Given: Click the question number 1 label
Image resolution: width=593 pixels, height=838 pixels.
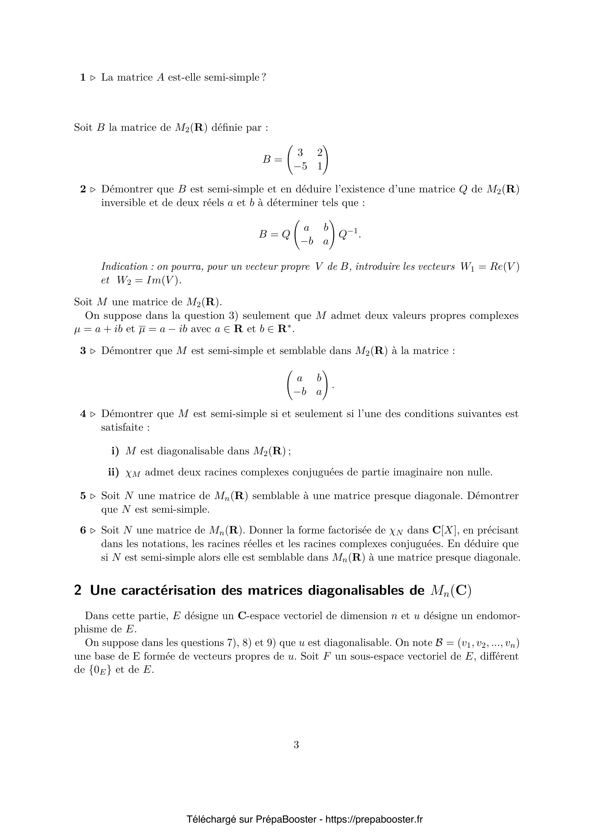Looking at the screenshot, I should (83, 77).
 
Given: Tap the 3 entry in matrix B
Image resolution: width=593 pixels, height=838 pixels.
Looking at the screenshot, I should (300, 152).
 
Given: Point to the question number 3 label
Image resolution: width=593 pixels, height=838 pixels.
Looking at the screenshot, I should (83, 351).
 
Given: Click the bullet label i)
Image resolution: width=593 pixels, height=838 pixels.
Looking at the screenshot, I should (115, 451).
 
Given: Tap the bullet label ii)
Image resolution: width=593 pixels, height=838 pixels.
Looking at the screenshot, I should (114, 472).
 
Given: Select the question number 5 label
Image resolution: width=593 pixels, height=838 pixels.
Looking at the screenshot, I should (83, 496).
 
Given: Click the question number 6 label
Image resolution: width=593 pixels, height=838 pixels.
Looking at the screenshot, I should (83, 530).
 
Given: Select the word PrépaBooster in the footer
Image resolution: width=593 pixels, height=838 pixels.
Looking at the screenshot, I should (286, 809).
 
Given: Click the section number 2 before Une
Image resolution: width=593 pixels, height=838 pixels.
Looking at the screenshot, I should (77, 590).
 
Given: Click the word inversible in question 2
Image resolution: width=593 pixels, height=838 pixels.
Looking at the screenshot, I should (123, 202).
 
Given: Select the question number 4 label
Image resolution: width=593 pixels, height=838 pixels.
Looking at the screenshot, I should (83, 414).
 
